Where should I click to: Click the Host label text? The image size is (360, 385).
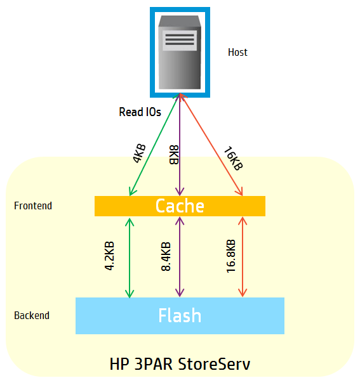[x=237, y=52]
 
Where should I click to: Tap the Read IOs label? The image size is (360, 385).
[x=140, y=112]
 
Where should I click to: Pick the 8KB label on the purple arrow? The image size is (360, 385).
[x=173, y=155]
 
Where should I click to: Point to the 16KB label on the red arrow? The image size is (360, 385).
[x=232, y=159]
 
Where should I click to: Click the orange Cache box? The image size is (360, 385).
[x=180, y=206]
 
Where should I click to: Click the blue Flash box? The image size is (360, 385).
[x=180, y=315]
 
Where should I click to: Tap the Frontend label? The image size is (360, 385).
[x=33, y=206]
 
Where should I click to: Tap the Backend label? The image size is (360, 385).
[x=32, y=315]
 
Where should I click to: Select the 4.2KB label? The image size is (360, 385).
[x=109, y=256]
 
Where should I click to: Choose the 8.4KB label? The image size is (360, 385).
[x=166, y=256]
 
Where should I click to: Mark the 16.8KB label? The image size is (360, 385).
[x=230, y=256]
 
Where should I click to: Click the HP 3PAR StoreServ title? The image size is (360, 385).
[x=180, y=365]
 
